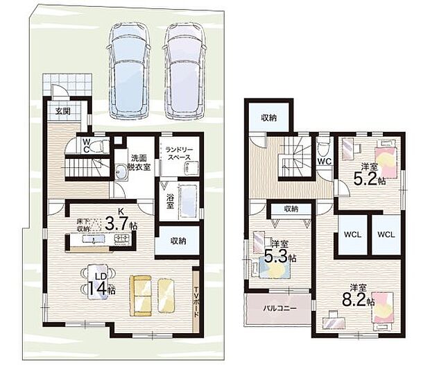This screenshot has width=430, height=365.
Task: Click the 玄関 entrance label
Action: (63, 111)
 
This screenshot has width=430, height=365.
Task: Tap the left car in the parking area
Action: (129, 71)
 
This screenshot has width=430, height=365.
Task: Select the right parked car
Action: (185, 71)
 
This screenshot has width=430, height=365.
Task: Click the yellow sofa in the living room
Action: (140, 296)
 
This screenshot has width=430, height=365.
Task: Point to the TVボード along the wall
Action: (196, 302)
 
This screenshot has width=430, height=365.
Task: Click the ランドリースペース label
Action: (180, 153)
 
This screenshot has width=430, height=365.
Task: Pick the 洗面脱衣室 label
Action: (139, 162)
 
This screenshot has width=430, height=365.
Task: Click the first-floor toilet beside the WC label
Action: (98, 146)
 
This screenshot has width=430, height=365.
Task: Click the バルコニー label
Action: (280, 308)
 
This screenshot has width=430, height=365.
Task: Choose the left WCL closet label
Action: (352, 235)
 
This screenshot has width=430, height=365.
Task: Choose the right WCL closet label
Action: (386, 235)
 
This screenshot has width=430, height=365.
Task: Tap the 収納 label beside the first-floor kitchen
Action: (178, 241)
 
